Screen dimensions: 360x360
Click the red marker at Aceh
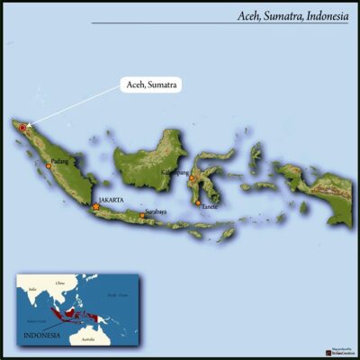coord(22,129)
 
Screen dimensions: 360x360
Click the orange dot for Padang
coord(49,166)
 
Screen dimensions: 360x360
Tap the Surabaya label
coord(156,212)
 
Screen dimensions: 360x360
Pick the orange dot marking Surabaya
coord(141,216)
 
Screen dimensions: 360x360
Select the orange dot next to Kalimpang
coord(191,178)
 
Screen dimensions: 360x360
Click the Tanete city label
coord(210,207)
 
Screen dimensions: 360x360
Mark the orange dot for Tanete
coord(198,203)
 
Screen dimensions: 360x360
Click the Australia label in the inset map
coord(87,338)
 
